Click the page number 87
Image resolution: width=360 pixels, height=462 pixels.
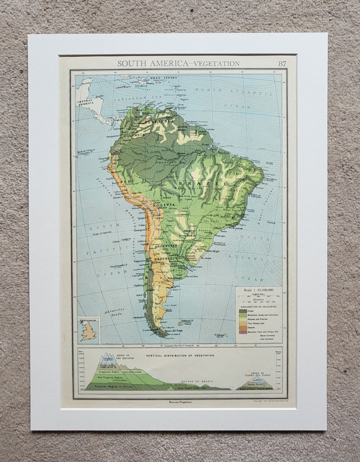[x=282, y=64]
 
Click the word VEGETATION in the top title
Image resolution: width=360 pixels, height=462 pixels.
[x=217, y=64]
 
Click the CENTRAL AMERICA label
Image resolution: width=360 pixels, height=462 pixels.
[x=85, y=102]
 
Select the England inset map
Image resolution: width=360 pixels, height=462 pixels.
[x=88, y=330]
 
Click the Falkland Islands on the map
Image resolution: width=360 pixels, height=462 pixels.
[x=182, y=323]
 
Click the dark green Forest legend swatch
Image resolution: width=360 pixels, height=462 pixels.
[x=243, y=310]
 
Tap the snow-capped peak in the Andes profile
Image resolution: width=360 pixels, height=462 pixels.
[x=106, y=358]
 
